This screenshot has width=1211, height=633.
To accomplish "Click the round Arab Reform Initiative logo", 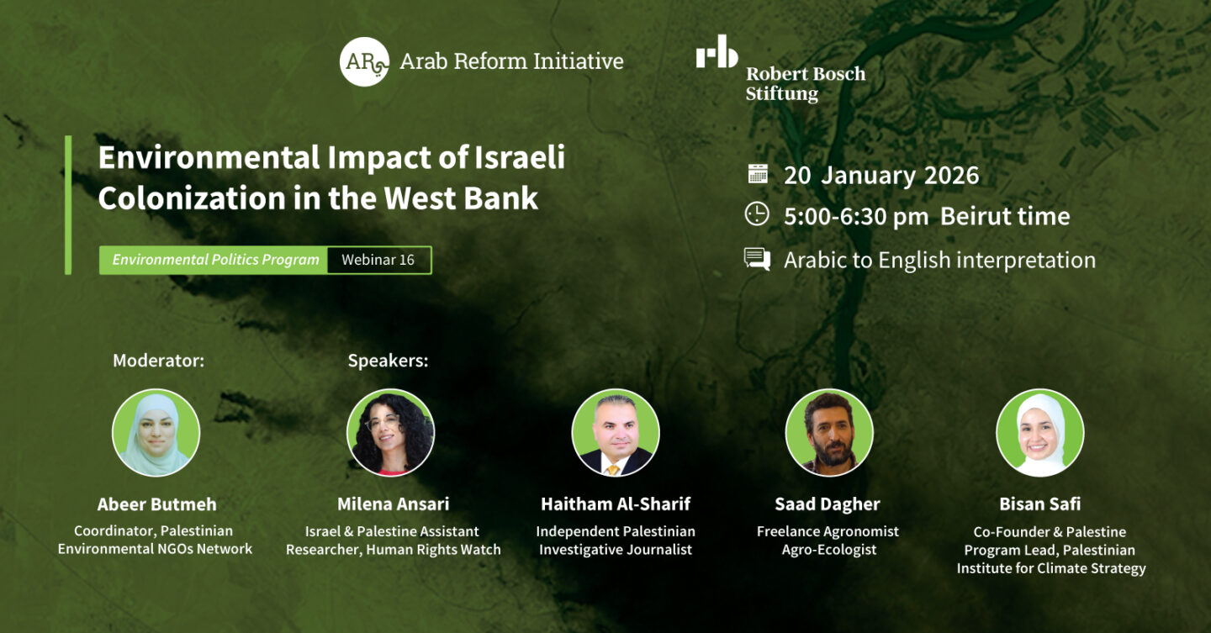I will (364, 61).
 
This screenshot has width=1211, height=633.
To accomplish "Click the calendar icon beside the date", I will (758, 174).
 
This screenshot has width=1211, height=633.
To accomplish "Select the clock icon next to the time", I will (757, 214).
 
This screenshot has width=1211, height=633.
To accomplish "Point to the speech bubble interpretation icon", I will (757, 259).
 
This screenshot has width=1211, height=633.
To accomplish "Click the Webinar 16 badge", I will (378, 260).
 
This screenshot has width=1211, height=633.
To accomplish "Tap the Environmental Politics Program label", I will (215, 260).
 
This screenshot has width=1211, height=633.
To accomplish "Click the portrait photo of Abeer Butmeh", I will (156, 433).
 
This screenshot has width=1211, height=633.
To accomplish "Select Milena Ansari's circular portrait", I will (391, 433).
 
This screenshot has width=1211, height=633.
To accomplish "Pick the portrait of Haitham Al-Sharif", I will (616, 433).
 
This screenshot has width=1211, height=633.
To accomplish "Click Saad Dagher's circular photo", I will (829, 433).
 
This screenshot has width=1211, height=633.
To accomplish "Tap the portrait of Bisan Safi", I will (1040, 433).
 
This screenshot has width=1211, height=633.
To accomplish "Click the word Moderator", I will (158, 361).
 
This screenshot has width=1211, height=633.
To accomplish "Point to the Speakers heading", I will (388, 361).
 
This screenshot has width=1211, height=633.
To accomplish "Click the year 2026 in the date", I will (951, 175).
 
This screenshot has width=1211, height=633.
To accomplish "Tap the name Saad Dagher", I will (828, 504).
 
